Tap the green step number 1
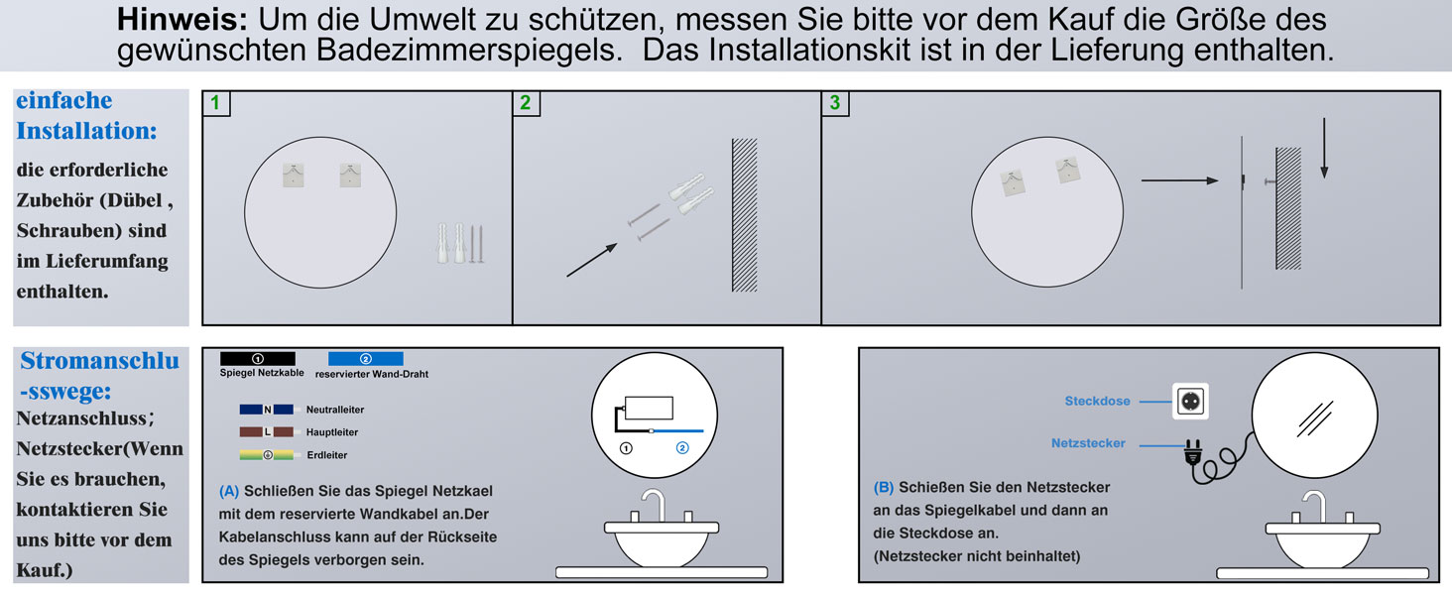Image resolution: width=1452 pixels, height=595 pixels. point(215,102)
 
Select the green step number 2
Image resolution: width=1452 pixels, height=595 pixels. point(525,102)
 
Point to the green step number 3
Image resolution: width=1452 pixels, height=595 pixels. point(835,102)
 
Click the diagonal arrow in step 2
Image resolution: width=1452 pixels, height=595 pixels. point(592,260)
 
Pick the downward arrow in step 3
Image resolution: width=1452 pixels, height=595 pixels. point(1324,149)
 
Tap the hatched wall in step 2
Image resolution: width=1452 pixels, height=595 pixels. point(744,214)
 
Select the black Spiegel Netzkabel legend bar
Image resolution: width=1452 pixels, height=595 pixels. point(257,358)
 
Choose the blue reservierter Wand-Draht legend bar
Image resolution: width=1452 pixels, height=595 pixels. point(366,358)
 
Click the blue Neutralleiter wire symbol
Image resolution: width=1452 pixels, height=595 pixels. point(267,410)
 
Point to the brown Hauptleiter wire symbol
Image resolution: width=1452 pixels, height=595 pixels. point(267,431)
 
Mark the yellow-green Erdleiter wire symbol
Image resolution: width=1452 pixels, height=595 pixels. point(267,455)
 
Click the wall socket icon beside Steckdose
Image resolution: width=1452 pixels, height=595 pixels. point(1190,402)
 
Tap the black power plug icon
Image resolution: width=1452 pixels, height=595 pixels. point(1193,452)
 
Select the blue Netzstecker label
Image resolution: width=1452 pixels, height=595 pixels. point(1088,443)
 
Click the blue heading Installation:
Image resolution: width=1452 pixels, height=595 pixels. point(86,131)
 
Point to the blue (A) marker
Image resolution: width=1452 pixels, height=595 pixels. point(229,491)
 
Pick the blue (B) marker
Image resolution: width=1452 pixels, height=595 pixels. point(884,488)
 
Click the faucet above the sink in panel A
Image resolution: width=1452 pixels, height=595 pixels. point(655,504)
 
